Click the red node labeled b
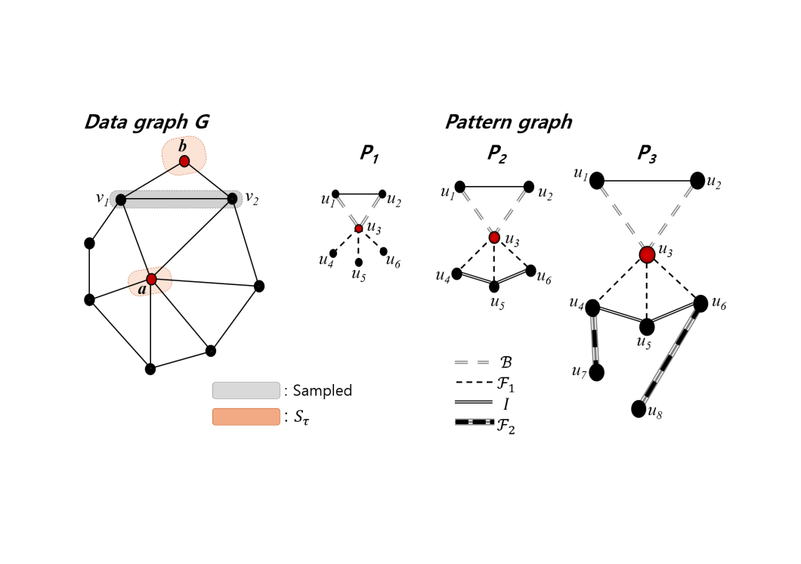pos(184,161)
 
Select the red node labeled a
pos(151,280)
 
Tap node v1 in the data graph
pos(121,200)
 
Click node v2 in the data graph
pos(232,199)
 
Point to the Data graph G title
pos(146,122)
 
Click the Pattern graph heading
pos(508,122)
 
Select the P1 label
pos(369,154)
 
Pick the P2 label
pos(496,154)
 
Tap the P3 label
pos(646,154)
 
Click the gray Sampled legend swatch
pos(246,390)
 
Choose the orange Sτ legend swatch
pos(246,417)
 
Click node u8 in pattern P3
pos(639,409)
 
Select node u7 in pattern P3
pos(597,373)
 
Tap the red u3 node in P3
pos(647,255)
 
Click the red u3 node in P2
pos(494,237)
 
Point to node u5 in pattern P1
pos(358,262)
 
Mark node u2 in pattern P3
pos(697,181)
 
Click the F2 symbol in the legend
pos(475,422)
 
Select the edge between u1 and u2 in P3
pos(647,181)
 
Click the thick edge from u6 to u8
pos(670,356)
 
